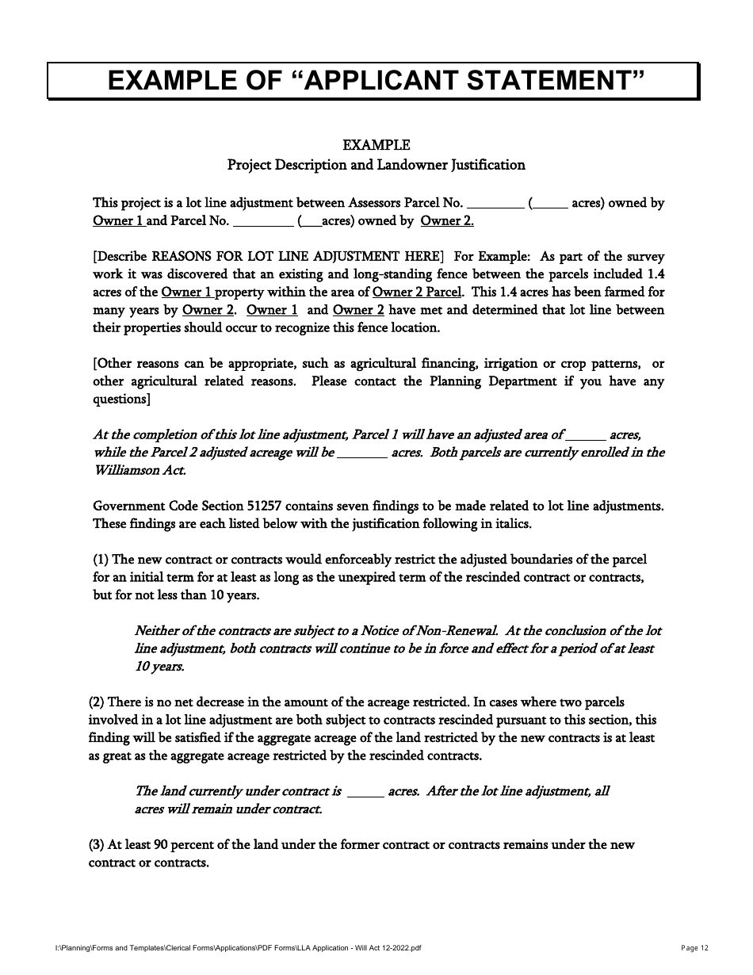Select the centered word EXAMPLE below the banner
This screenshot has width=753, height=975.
376,145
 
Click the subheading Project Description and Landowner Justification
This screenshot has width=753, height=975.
376,165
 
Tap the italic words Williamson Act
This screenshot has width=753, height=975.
140,470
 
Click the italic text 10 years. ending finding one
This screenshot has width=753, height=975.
159,667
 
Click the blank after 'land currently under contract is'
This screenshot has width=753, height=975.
365,792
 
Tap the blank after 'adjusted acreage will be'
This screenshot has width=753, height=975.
362,453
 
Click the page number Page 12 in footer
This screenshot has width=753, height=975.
695,948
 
